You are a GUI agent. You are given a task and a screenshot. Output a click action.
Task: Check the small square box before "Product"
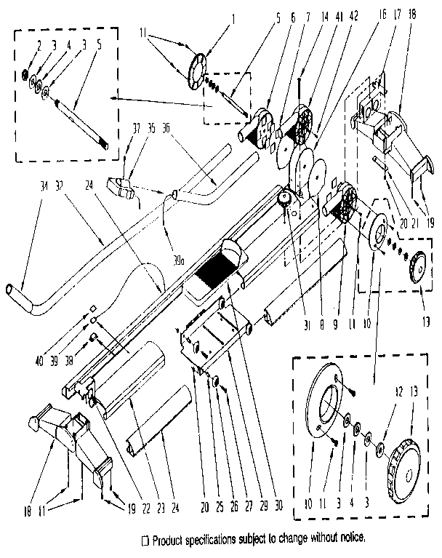146,539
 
